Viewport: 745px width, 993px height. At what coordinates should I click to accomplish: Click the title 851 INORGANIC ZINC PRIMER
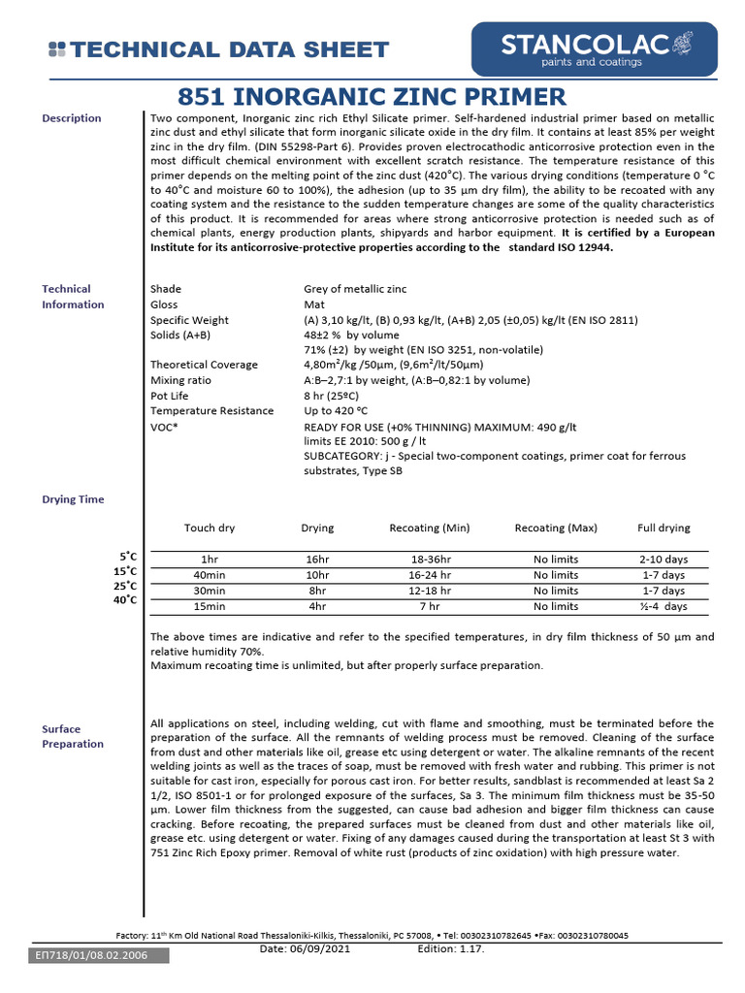point(372,97)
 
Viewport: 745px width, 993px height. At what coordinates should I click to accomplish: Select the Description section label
point(71,118)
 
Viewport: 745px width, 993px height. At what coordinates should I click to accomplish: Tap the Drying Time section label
point(73,499)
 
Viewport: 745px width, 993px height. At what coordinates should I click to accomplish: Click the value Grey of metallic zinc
point(355,289)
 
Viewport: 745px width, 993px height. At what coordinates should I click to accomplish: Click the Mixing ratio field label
point(181,381)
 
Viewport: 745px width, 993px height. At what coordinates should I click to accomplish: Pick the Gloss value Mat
point(314,304)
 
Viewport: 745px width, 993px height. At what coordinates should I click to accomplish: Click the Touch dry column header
point(210,529)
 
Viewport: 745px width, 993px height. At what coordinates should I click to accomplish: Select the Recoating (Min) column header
point(429,529)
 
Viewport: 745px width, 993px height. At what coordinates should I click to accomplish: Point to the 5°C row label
point(128,557)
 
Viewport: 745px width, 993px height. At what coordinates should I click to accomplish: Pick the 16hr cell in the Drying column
point(317,561)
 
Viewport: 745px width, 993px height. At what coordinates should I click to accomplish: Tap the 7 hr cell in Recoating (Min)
point(429,606)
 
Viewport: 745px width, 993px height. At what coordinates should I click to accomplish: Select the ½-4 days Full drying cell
point(664,606)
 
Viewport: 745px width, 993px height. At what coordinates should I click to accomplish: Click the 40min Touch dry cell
point(210,576)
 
